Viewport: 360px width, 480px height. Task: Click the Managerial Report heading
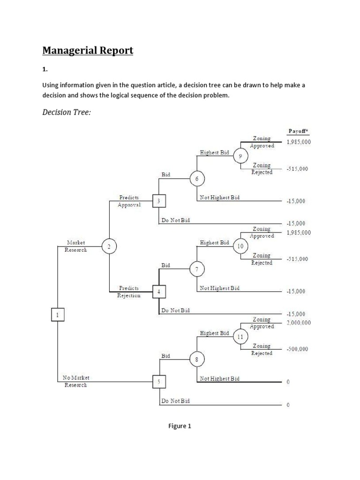88,50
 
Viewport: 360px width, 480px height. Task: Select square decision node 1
57,315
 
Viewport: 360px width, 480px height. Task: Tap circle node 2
109,247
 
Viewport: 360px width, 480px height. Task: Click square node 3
159,201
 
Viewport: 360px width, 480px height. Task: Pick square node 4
159,292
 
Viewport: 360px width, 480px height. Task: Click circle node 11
240,337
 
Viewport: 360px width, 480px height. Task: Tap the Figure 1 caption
180,426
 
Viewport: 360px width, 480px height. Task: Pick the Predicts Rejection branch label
129,292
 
